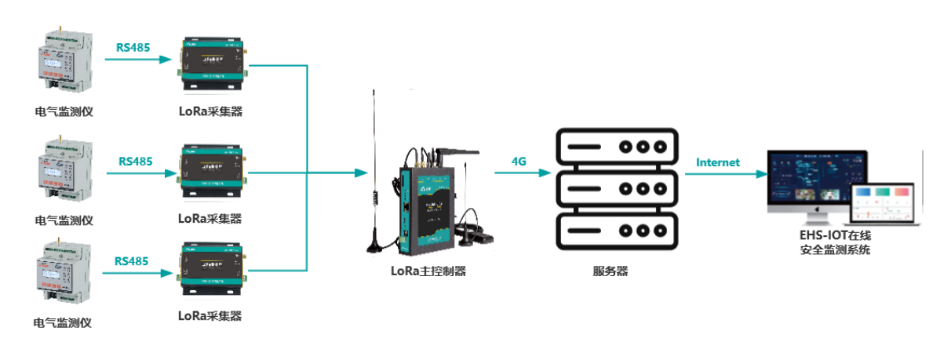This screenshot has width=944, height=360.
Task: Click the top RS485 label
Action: [133, 47]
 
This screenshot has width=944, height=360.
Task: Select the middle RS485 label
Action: [136, 162]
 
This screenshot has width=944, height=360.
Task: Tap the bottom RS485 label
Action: [132, 260]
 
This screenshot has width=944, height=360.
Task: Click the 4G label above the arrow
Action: [519, 161]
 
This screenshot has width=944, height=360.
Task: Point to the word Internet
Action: [718, 162]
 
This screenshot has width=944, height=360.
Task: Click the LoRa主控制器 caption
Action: [428, 271]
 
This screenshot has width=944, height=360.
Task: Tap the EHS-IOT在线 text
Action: [834, 235]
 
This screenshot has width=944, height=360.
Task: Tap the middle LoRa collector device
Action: [210, 170]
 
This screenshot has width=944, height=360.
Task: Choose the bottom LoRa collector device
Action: [210, 270]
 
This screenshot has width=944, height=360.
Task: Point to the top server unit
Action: [614, 146]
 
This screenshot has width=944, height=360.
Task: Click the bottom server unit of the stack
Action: [614, 230]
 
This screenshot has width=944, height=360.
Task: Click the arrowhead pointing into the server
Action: [546, 173]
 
